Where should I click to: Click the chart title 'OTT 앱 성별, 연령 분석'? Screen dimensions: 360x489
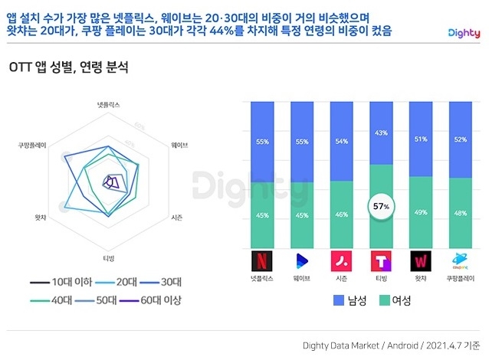point(68,67)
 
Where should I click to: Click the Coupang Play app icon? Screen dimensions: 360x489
point(461,260)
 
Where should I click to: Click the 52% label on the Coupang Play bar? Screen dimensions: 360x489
point(461,139)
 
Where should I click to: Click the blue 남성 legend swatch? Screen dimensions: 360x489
point(340,299)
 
